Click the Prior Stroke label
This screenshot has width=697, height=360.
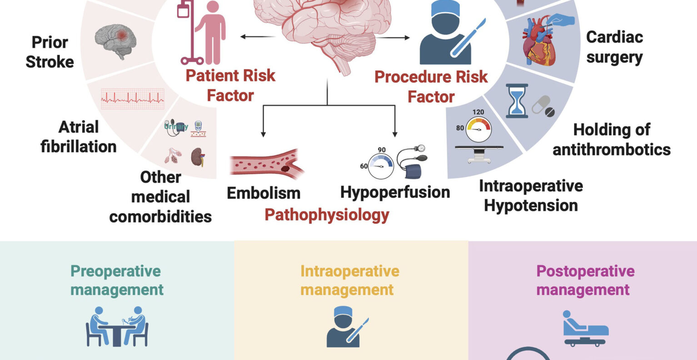click(50, 52)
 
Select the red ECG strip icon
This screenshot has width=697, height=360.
click(133, 98)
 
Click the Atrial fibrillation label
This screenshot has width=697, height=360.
click(78, 136)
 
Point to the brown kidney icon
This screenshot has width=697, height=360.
click(197, 156)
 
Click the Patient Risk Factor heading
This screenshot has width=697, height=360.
click(230, 85)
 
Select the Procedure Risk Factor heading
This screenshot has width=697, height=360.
click(431, 86)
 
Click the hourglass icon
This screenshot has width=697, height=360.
click(517, 100)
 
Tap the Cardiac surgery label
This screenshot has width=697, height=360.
click(614, 47)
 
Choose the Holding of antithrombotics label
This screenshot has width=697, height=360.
click(612, 140)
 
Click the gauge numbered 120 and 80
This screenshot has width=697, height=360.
click(478, 128)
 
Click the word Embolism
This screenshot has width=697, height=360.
click(264, 193)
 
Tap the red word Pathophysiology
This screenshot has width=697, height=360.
click(327, 215)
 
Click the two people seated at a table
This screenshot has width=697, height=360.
click(117, 326)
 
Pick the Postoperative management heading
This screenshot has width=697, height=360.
click(585, 280)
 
